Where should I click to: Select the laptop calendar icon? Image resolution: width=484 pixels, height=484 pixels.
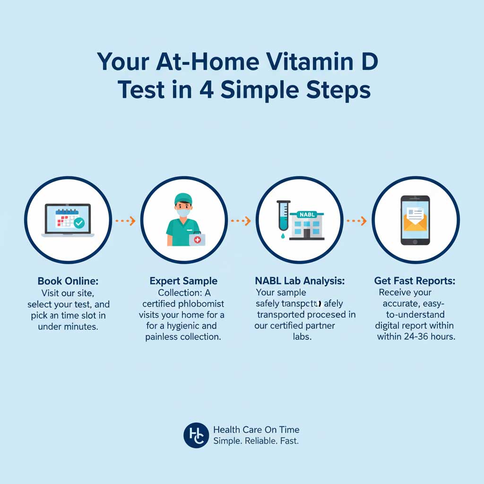[x=68, y=220]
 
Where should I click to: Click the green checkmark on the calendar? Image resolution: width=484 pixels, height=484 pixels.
[x=79, y=223]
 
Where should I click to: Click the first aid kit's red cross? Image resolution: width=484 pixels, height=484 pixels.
[x=198, y=240]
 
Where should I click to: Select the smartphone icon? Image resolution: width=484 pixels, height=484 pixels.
[x=415, y=220]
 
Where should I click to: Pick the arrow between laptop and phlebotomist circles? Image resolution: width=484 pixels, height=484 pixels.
[x=126, y=221]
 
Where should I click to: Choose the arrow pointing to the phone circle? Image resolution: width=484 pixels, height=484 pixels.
[x=357, y=221]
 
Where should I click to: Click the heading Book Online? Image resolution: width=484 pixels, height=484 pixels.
[x=68, y=281]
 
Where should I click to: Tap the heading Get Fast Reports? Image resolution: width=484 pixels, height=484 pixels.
[x=415, y=281]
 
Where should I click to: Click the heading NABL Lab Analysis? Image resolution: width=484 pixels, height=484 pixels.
[x=300, y=281]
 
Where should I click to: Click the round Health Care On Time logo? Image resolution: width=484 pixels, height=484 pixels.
[x=196, y=435]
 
